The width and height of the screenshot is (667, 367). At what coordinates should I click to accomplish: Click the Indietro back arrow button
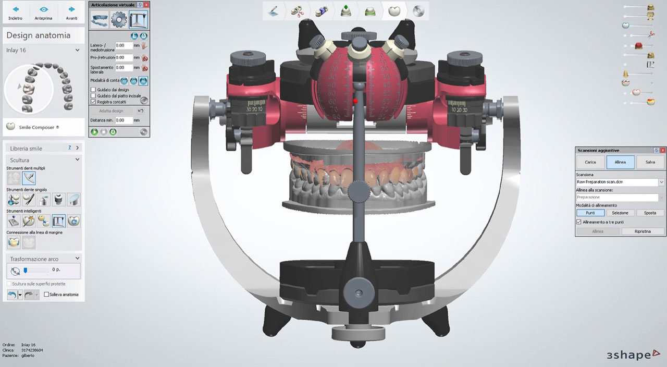click(x=16, y=13)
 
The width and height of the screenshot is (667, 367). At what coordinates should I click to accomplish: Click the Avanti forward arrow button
click(x=71, y=13)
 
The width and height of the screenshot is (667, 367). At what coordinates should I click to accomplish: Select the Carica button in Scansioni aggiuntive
click(x=590, y=162)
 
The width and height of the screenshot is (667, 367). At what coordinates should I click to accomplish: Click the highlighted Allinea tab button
click(x=620, y=162)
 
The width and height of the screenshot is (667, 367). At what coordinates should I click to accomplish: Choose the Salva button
click(x=650, y=162)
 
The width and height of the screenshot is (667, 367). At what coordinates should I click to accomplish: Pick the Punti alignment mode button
click(x=590, y=213)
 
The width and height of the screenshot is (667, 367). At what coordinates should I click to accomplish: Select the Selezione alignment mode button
click(x=620, y=213)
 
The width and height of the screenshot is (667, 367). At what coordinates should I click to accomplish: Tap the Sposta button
click(x=650, y=213)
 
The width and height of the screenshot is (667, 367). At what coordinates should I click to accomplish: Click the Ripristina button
click(x=643, y=231)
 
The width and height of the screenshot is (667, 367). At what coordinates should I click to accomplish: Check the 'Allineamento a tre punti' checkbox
click(x=579, y=222)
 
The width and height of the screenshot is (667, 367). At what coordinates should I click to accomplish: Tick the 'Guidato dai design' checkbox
click(x=93, y=90)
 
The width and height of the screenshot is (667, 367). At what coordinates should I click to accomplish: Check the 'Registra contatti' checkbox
click(x=93, y=102)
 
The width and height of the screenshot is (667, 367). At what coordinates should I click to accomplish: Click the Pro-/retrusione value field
click(x=123, y=57)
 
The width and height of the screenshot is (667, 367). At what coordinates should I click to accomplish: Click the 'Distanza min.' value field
click(x=123, y=120)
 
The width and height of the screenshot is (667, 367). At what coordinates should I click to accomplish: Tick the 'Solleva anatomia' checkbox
click(x=46, y=295)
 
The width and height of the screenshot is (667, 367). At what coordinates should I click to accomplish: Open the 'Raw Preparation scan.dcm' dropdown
click(x=661, y=182)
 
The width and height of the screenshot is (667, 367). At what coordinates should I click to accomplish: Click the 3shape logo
click(x=628, y=355)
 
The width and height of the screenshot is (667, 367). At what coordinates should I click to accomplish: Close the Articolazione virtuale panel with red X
click(x=146, y=5)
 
